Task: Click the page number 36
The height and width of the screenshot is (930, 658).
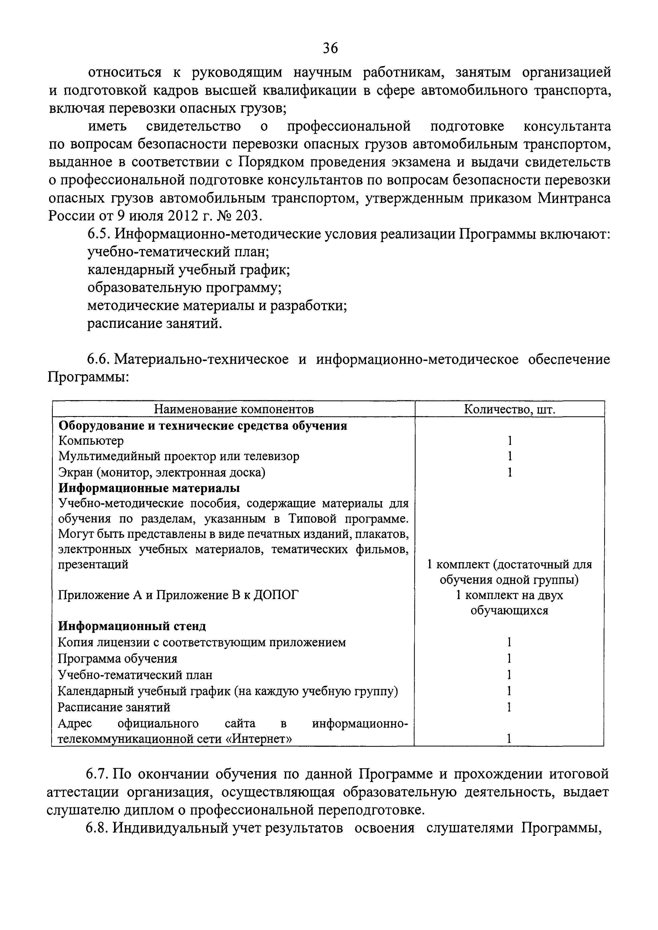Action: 330,49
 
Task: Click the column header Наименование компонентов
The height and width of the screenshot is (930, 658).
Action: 234,409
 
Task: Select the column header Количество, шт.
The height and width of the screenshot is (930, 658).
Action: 509,409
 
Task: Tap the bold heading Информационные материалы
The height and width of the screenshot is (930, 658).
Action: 149,488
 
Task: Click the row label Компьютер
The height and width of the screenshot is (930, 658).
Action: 91,440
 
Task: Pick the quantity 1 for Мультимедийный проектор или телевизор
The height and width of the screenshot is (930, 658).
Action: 510,456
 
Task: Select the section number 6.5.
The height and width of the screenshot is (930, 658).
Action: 98,234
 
